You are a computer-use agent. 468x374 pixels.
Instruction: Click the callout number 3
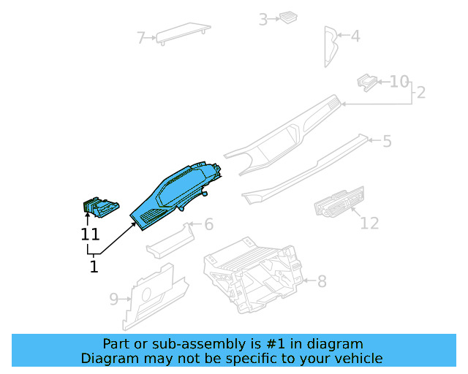tap(263, 20)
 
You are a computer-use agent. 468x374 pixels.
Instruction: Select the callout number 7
tap(142, 37)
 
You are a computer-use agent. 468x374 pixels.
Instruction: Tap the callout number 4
tap(355, 35)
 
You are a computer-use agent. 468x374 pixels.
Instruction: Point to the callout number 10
tap(399, 81)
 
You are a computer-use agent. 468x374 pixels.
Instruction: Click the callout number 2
tap(421, 93)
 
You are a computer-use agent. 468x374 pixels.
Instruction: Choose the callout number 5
tap(387, 141)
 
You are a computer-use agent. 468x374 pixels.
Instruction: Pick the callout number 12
tap(370, 222)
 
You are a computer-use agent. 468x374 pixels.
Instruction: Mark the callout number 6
tap(208, 224)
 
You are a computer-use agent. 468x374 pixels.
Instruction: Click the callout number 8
tap(322, 280)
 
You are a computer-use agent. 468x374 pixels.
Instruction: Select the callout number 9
tap(114, 299)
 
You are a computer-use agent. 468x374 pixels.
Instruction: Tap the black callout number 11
tap(90, 234)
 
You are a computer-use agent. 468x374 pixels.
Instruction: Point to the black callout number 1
tap(94, 267)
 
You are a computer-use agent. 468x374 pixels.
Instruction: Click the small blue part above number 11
tap(100, 208)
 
